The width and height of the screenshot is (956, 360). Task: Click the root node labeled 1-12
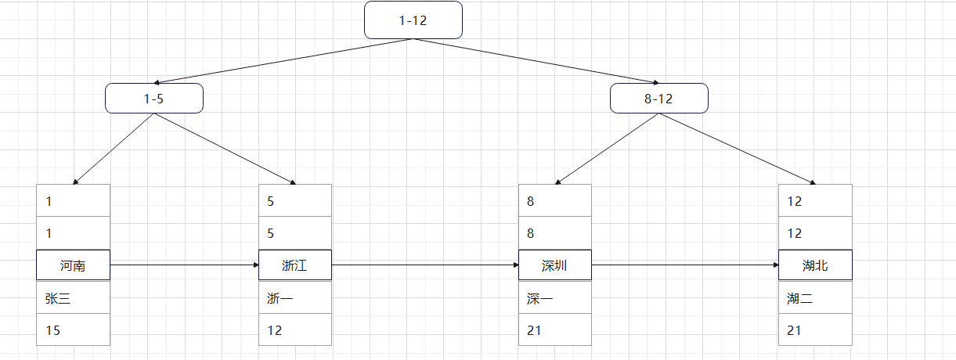pos(413,20)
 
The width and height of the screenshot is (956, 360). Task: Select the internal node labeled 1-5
pos(154,99)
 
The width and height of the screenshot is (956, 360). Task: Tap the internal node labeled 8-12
pos(659,99)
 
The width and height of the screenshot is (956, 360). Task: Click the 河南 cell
pos(73,265)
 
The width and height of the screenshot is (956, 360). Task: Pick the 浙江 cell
pos(295,265)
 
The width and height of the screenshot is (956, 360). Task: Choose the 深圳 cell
pos(554,265)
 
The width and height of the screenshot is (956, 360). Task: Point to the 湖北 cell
pos(815,265)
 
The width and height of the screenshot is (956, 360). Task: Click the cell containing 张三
pos(73,298)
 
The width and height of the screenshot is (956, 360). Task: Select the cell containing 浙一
pos(295,298)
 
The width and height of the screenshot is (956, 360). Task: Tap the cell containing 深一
pos(554,298)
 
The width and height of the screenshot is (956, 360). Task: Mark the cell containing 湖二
pos(815,298)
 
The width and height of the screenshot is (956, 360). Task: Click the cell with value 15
pos(73,330)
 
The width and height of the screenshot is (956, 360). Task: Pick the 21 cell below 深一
pos(554,330)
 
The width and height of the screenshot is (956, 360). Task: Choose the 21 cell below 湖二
pos(815,330)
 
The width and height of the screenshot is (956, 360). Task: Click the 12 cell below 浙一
pos(295,330)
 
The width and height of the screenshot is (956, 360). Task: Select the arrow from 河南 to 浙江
pos(184,265)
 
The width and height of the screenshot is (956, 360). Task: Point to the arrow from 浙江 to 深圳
pos(425,265)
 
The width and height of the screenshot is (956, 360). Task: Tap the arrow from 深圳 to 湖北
pos(685,265)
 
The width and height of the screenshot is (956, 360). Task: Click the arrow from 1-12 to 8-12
pos(536,60)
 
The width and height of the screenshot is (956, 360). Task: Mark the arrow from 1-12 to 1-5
pos(283,60)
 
